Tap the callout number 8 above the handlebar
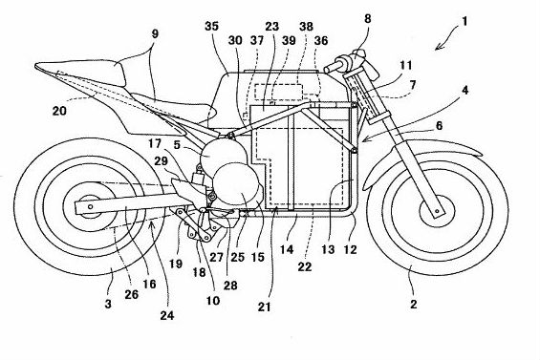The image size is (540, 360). coord(369,18)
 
